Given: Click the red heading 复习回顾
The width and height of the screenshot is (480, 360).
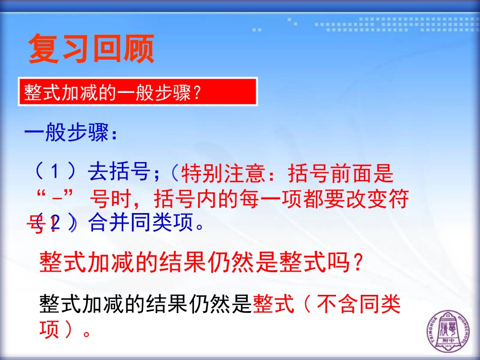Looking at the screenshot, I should coord(91,49).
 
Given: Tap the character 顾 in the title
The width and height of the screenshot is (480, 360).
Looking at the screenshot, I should coord(138,49).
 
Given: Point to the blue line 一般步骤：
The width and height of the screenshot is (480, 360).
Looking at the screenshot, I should coord(71,134).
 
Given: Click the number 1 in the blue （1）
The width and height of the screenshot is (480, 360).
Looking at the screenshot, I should coord(55,173).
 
